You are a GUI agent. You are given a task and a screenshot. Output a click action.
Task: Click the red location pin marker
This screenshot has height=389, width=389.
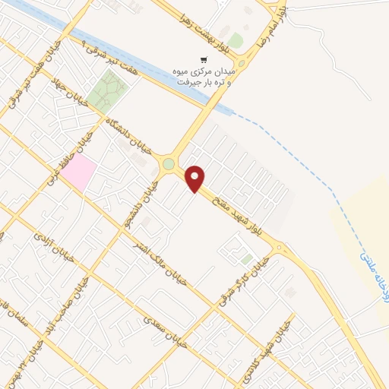(195, 178)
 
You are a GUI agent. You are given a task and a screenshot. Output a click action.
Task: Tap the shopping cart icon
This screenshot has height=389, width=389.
(203, 59)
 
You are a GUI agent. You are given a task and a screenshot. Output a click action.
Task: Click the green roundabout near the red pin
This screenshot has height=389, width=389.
(168, 163)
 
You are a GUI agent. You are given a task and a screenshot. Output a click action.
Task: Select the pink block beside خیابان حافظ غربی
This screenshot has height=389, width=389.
(79, 174)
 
